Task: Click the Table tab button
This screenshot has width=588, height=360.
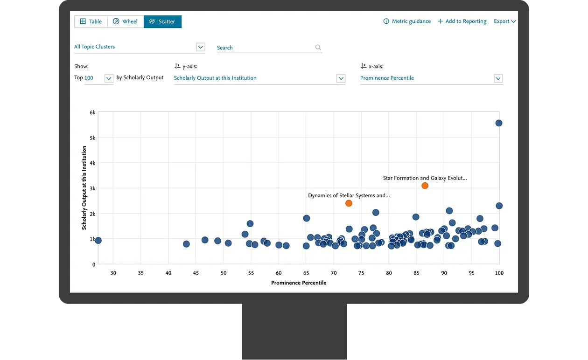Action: click(91, 21)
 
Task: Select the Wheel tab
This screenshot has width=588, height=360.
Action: click(126, 21)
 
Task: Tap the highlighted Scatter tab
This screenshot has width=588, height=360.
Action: click(162, 21)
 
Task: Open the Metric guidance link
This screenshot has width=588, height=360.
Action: click(407, 21)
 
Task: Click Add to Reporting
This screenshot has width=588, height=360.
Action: click(462, 21)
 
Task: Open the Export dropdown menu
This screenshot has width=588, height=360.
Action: click(505, 21)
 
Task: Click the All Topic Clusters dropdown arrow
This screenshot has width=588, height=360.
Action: click(201, 47)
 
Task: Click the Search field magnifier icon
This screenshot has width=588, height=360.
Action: click(318, 48)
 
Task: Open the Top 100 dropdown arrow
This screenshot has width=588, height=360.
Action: click(109, 78)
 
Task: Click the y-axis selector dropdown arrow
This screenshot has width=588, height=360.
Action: click(341, 78)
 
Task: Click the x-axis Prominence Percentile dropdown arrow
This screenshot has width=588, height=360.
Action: click(498, 78)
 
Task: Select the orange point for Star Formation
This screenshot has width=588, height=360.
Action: click(425, 186)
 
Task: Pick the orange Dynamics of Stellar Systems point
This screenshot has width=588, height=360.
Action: click(349, 203)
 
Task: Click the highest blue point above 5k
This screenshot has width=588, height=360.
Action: click(498, 123)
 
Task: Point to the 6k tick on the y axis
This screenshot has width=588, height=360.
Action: click(92, 112)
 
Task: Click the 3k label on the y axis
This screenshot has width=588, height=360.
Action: click(92, 188)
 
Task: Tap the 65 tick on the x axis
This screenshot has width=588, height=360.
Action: click(306, 273)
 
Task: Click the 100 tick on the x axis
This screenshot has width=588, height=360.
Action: click(499, 273)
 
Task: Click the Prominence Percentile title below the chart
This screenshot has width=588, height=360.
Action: click(299, 283)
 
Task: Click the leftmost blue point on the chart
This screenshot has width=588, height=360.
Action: click(98, 241)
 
